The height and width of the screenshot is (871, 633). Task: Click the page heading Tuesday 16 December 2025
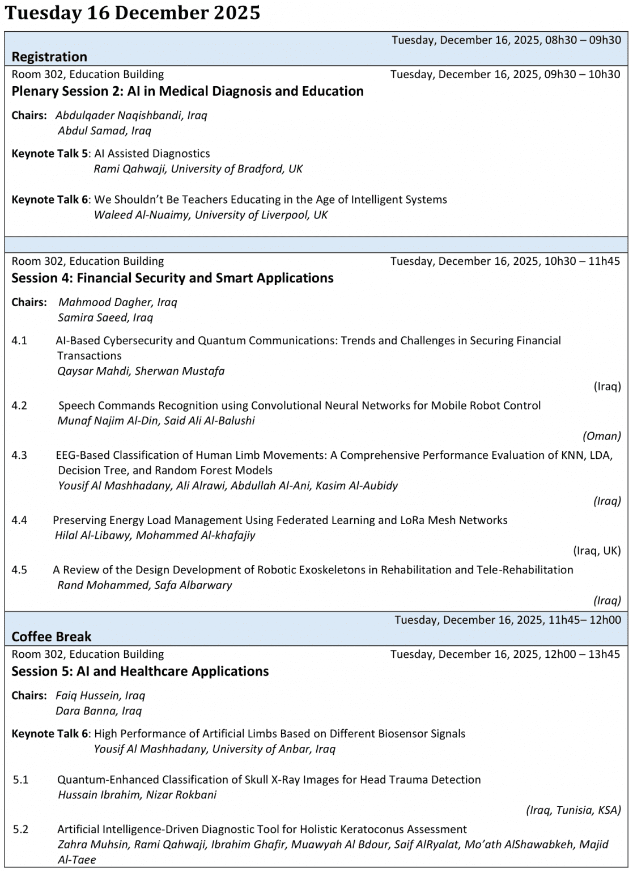(132, 12)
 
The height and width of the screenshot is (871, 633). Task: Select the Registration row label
(49, 57)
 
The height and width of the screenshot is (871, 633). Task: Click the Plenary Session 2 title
(188, 91)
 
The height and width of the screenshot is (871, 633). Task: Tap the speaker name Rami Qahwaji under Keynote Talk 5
(130, 169)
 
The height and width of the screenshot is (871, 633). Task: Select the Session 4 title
(172, 278)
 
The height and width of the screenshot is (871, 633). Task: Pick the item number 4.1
(19, 341)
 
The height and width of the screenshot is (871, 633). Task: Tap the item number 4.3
(19, 455)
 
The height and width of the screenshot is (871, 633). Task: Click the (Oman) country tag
(601, 436)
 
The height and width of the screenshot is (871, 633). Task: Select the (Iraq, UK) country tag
(597, 551)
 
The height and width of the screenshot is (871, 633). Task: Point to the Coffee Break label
(52, 636)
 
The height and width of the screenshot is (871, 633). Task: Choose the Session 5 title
(140, 671)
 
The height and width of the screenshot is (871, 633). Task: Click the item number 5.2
(21, 830)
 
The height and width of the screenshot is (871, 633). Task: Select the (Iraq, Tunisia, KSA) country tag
(573, 810)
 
